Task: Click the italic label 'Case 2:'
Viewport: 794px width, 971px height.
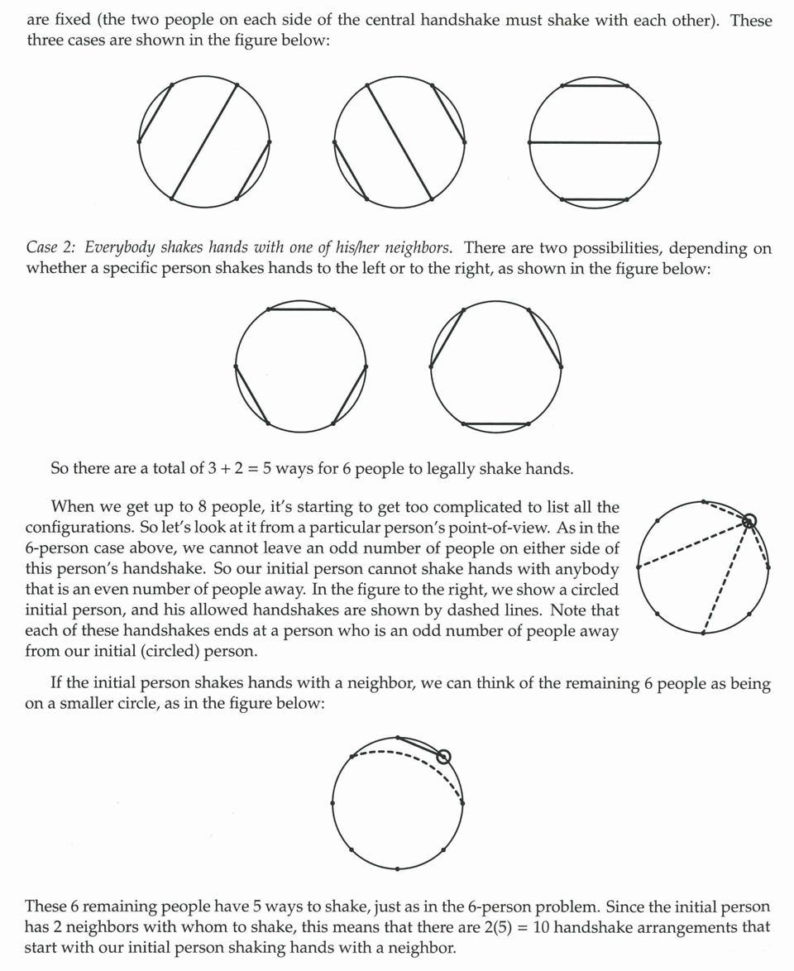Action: pyautogui.click(x=52, y=247)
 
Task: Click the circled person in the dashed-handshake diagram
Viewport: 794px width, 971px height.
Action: pyautogui.click(x=749, y=521)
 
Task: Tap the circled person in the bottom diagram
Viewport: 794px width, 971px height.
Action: pyautogui.click(x=443, y=757)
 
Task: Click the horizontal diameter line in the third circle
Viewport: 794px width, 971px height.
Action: pyautogui.click(x=594, y=142)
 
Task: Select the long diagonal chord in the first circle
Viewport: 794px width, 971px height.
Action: pyautogui.click(x=204, y=141)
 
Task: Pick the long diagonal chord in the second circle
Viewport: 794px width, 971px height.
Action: pyautogui.click(x=399, y=141)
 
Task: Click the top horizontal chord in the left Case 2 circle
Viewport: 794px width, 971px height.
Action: pyautogui.click(x=301, y=309)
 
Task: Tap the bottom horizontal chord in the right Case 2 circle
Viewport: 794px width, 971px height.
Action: pyautogui.click(x=495, y=424)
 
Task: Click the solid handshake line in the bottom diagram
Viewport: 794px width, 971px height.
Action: pyautogui.click(x=419, y=746)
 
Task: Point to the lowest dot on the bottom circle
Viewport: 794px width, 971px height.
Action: pyautogui.click(x=398, y=868)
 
